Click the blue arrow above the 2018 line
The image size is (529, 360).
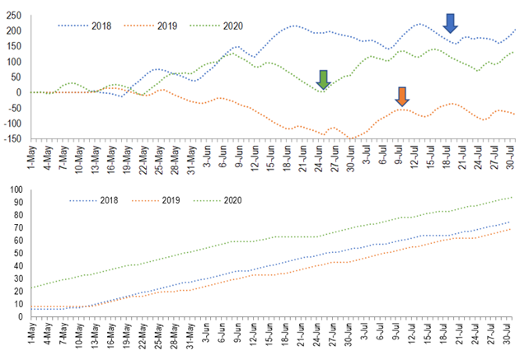click(451, 24)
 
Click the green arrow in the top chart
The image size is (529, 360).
click(324, 79)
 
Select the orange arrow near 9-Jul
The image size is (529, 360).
click(402, 96)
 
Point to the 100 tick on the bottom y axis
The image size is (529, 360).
click(16, 190)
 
